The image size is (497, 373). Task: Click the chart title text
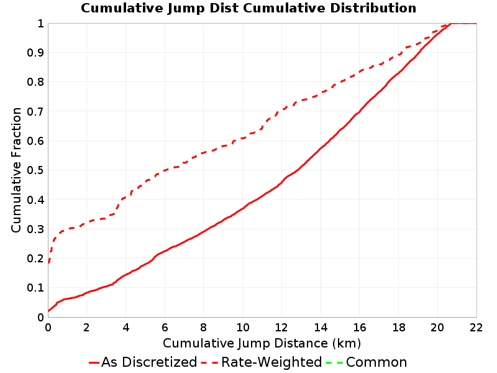tap(248, 8)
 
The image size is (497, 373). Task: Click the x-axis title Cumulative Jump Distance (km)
tap(262, 343)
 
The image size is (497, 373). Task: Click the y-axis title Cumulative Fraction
tap(16, 170)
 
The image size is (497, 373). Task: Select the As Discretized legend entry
tap(143, 362)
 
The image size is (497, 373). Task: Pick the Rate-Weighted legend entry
tap(262, 362)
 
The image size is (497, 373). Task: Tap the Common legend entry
tap(367, 362)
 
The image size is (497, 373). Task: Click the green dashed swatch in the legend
tap(334, 362)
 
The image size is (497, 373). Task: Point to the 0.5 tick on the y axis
tap(35, 170)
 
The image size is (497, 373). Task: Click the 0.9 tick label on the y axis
tap(35, 53)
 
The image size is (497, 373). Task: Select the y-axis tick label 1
tap(40, 24)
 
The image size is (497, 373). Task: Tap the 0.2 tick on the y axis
tap(35, 259)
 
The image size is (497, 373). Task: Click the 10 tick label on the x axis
tap(242, 328)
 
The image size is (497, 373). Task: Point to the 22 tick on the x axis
tap(476, 328)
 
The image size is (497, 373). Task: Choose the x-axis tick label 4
tap(126, 328)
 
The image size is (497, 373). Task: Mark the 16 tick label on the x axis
tap(360, 328)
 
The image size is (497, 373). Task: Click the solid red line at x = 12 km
tap(281, 182)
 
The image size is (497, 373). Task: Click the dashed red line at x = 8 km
tap(204, 153)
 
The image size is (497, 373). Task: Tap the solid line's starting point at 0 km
tap(48, 311)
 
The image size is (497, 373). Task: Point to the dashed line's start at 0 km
tap(48, 262)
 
